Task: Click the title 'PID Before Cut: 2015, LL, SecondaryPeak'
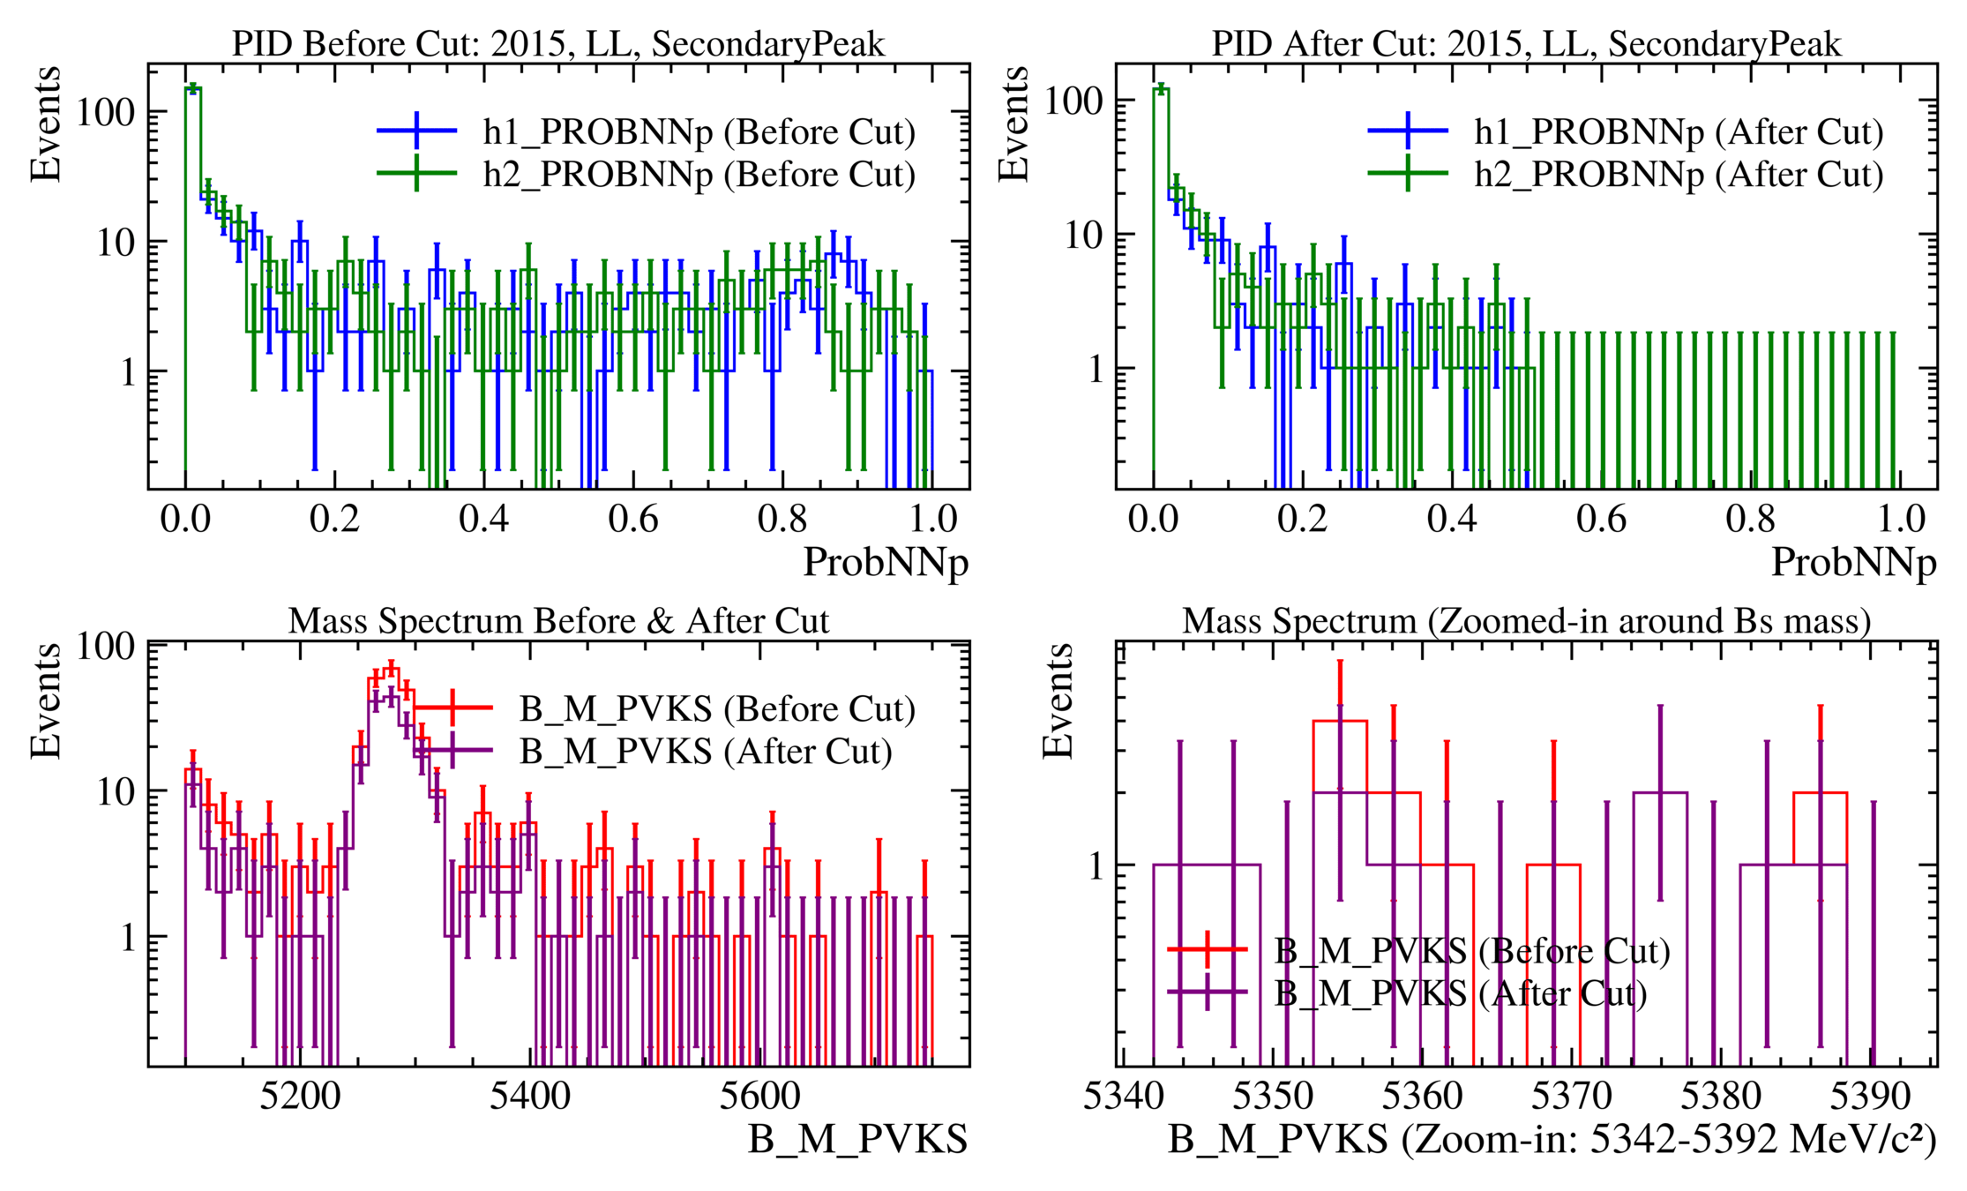pos(557,43)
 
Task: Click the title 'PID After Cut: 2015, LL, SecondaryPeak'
pos(1526,43)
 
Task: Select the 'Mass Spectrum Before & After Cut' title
pos(557,621)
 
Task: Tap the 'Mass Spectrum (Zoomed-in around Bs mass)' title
pos(1526,621)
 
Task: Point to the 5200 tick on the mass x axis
pos(300,1097)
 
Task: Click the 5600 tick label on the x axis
pos(759,1097)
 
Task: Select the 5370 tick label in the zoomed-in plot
pos(1571,1097)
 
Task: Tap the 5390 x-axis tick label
pos(1870,1097)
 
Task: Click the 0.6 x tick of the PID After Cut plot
pos(1601,519)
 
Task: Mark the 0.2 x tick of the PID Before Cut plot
pos(334,519)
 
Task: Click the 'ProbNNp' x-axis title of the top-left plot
pos(885,563)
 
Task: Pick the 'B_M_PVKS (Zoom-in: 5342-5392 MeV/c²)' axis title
pos(1552,1140)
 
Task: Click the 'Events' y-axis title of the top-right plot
pos(1013,124)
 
